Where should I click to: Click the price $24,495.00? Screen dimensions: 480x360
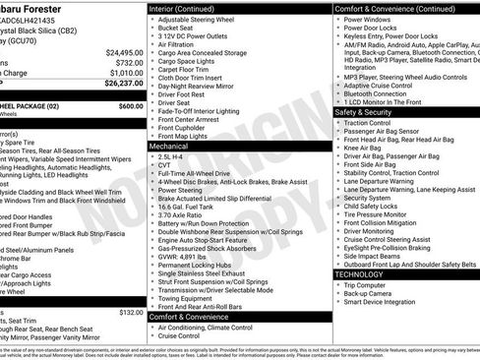click(x=124, y=52)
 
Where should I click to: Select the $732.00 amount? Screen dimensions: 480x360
click(x=129, y=62)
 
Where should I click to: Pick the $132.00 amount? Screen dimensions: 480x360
click(x=131, y=313)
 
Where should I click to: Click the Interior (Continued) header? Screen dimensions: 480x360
click(x=191, y=8)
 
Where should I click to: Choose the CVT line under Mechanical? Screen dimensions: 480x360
click(x=164, y=165)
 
